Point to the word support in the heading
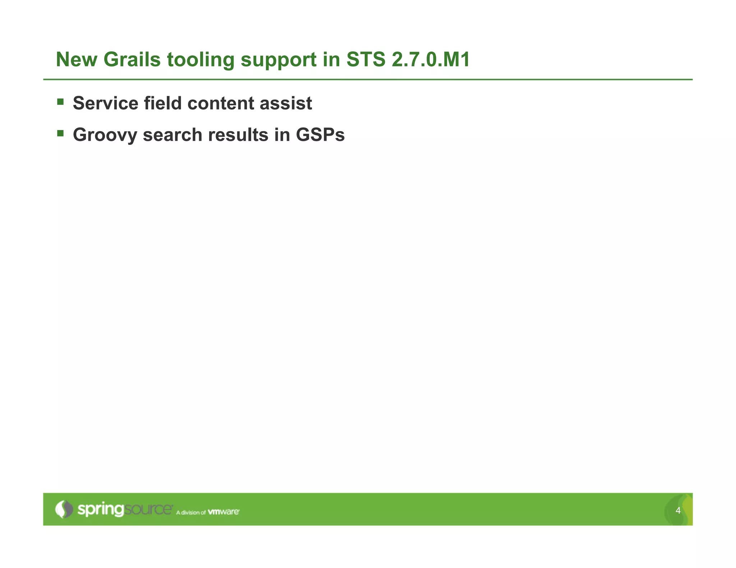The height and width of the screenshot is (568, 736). click(279, 60)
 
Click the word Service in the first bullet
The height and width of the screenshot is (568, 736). click(105, 103)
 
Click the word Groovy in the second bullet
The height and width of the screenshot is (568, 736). click(105, 135)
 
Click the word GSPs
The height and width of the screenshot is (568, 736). click(320, 135)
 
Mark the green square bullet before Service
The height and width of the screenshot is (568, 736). click(60, 102)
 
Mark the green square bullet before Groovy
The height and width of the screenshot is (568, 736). click(60, 134)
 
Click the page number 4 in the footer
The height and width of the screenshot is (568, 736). click(678, 511)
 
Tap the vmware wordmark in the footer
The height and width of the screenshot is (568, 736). click(224, 512)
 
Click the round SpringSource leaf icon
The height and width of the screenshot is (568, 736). click(64, 509)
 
